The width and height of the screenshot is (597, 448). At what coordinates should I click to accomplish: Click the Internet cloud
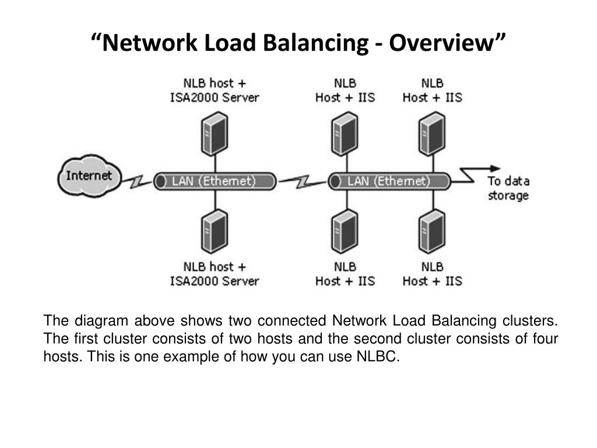point(89,176)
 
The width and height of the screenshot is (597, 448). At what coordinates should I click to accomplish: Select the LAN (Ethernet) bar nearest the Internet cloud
point(215,181)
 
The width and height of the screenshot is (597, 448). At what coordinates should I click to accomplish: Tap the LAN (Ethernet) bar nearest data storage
point(389,181)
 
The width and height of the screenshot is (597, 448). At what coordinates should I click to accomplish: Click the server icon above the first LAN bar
point(215,134)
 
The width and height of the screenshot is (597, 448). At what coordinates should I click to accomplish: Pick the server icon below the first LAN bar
point(215,231)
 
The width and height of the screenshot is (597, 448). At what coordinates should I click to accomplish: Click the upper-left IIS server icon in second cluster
point(345,134)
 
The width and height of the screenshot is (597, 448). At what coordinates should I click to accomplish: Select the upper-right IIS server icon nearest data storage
point(432,134)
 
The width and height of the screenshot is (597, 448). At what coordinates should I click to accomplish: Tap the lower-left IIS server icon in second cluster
point(345,231)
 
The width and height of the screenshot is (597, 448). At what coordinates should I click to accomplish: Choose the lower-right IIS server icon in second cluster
point(432,231)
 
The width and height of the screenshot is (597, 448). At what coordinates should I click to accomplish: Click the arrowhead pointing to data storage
point(496,169)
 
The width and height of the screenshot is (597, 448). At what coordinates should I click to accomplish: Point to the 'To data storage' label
point(508,188)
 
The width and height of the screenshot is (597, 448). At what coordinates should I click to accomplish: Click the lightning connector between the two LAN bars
point(303,182)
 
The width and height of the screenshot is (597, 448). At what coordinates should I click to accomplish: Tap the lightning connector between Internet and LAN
point(137,182)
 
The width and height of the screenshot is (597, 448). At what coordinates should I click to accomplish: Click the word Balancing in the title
point(315,43)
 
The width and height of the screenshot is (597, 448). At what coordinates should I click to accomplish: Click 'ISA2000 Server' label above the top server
point(215,97)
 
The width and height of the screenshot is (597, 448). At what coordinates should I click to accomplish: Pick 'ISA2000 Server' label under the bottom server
point(215,281)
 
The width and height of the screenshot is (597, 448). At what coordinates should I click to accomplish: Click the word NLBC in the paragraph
point(377,356)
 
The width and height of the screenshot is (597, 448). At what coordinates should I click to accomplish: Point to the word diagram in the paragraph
point(101,321)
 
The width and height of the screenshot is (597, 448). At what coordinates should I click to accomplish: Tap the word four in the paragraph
point(545,338)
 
